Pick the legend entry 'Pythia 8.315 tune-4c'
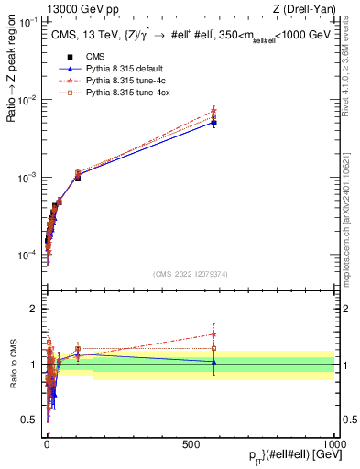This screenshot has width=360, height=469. click(127, 81)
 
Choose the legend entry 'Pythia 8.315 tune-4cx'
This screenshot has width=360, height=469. click(129, 93)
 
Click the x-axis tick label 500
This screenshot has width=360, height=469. click(191, 442)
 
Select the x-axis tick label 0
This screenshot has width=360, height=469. click(46, 442)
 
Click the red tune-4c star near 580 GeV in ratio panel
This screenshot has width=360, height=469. click(213, 334)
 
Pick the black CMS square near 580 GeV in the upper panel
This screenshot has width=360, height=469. click(213, 123)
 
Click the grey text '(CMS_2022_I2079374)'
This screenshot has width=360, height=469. click(190, 274)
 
